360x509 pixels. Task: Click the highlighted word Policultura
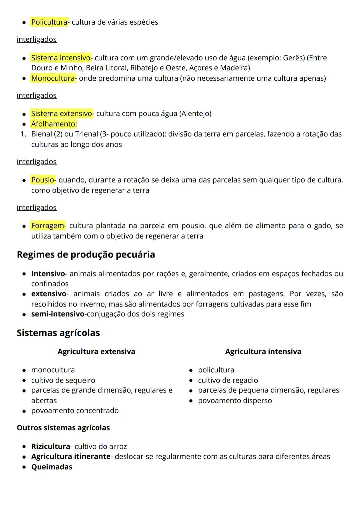pos(49,22)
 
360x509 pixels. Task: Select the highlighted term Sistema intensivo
pos(61,58)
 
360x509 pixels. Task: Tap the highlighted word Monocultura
pos(53,78)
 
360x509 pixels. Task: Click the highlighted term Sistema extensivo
pos(62,113)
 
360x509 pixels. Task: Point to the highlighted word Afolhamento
pos(54,124)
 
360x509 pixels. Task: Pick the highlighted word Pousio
pos(43,180)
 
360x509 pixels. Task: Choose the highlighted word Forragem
pos(48,225)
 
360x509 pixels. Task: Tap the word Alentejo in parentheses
pos(195,113)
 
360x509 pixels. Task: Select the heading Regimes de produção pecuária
pos(86,255)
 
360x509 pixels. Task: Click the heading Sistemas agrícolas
pos(58,333)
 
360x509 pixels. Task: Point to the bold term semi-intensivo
pos(58,314)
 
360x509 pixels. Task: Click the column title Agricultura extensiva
pos(96,352)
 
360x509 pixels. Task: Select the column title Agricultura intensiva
pos(263,352)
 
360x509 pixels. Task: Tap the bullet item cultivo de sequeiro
pos(63,380)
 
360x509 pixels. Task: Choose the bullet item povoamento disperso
pos(235,400)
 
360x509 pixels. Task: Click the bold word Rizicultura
pos(50,446)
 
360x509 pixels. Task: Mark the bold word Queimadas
pos(52,467)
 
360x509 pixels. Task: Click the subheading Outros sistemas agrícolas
pos(63,428)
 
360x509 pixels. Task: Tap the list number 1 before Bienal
pos(23,134)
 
